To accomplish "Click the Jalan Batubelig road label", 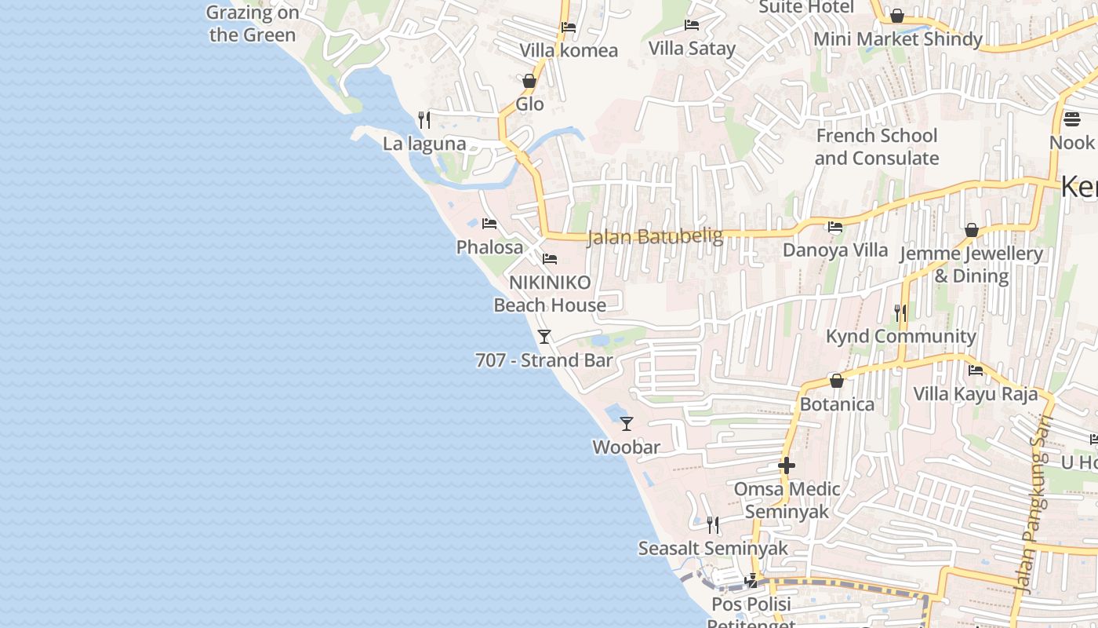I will [655, 236].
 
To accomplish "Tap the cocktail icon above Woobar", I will [626, 424].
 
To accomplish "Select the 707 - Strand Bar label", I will [544, 360].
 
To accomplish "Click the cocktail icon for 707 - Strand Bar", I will [544, 337].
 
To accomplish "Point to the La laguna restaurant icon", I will [424, 119].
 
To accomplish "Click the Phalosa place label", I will [489, 247].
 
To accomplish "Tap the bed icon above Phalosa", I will [489, 224].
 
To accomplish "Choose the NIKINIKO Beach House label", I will [550, 294].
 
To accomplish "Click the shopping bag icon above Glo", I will [529, 81].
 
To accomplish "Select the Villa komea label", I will [569, 50].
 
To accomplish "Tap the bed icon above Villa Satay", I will [691, 25].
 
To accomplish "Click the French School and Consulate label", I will [876, 147].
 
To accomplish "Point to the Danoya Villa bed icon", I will [835, 227].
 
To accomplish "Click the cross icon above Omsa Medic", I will [786, 466].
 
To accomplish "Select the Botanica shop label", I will [837, 404].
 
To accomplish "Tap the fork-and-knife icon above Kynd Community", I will [900, 312].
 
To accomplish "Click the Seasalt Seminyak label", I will [712, 548].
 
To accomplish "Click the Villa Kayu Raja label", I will [975, 393].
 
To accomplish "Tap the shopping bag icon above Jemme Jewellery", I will [971, 230].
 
